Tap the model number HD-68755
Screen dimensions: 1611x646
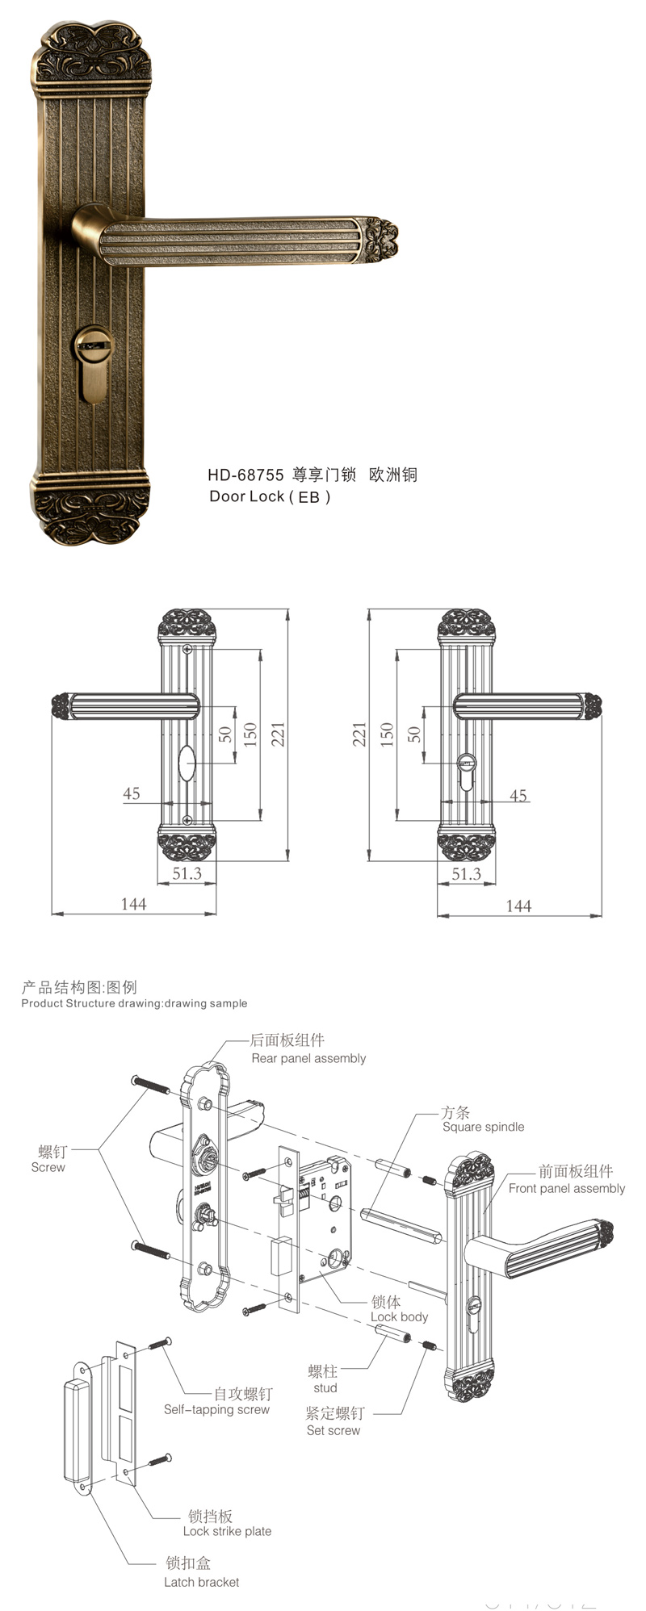pyautogui.click(x=245, y=475)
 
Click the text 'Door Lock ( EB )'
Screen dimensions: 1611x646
pyautogui.click(x=270, y=496)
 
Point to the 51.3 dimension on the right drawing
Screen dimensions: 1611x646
pyautogui.click(x=466, y=873)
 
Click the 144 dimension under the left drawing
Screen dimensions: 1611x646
pyautogui.click(x=133, y=904)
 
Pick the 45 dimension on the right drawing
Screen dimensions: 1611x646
pyautogui.click(x=518, y=795)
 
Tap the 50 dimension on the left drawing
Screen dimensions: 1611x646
pyautogui.click(x=225, y=734)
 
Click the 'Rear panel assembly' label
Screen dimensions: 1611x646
pyautogui.click(x=308, y=1058)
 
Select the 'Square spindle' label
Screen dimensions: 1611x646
pyautogui.click(x=483, y=1127)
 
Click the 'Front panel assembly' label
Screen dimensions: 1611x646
pyautogui.click(x=566, y=1188)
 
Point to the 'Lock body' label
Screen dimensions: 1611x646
pyautogui.click(x=399, y=1316)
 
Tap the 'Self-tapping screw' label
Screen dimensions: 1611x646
pyautogui.click(x=216, y=1409)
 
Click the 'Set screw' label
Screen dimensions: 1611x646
pyautogui.click(x=333, y=1430)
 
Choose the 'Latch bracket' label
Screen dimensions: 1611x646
pyautogui.click(x=201, y=1582)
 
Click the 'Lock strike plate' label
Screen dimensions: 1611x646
pyautogui.click(x=227, y=1531)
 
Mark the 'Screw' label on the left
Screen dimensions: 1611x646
pyautogui.click(x=48, y=1167)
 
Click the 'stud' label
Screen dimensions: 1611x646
pyautogui.click(x=325, y=1387)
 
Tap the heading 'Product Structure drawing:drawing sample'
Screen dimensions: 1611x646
pyautogui.click(x=134, y=1003)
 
